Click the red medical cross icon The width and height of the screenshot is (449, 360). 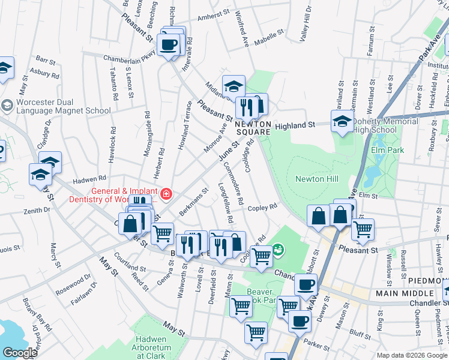pos(165,194)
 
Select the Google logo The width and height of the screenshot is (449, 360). pos(20,353)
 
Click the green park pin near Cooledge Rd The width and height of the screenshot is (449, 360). pos(278,249)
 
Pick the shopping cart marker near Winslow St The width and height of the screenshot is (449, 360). pos(363,229)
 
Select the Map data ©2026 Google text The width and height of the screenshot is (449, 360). pos(412,355)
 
